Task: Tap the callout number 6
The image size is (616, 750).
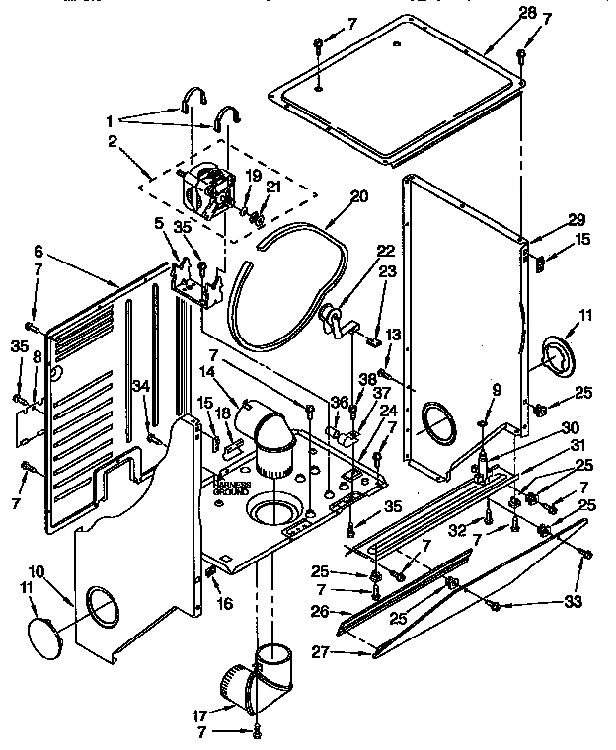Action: pyautogui.click(x=37, y=253)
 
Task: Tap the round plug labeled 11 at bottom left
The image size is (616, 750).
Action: pyautogui.click(x=47, y=633)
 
